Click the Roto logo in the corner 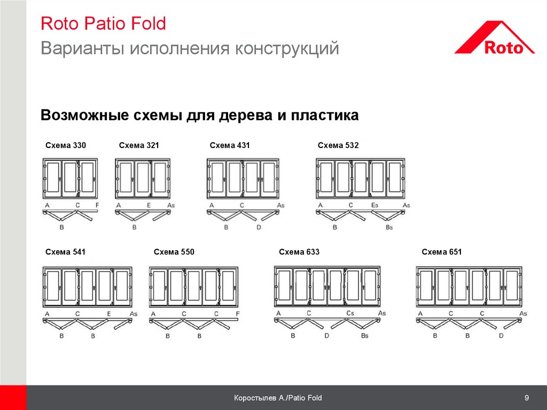[494, 38]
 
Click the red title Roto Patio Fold [103, 24]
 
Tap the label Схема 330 [66, 145]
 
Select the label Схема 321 [139, 145]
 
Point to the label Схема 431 [230, 145]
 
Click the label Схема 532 [338, 145]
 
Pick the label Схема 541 [65, 252]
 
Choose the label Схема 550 [174, 252]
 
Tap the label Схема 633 [299, 252]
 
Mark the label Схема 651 [442, 252]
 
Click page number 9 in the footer [527, 397]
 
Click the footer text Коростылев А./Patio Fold [278, 398]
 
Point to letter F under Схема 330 [97, 205]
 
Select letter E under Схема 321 [149, 205]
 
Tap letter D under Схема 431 [259, 227]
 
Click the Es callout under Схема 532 [374, 205]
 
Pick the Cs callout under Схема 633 [350, 313]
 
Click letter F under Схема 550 [238, 314]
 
